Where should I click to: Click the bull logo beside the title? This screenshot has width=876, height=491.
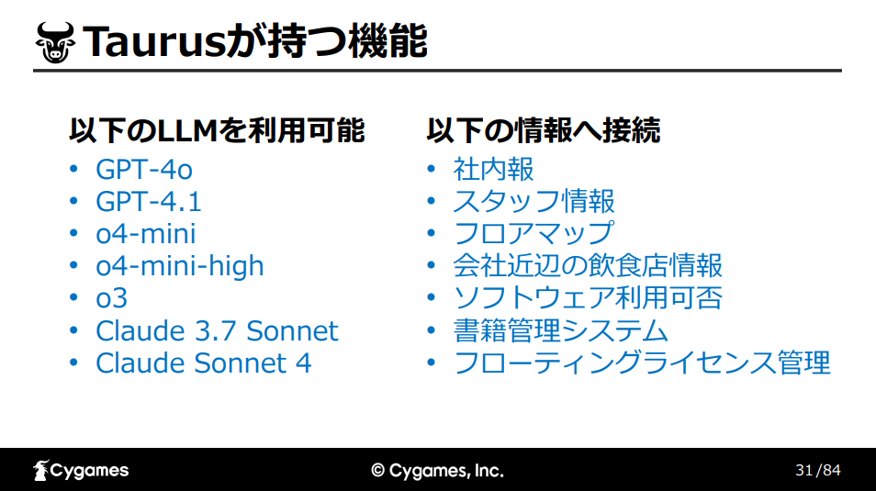pos(55,42)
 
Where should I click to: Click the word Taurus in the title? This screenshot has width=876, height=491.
pos(154,42)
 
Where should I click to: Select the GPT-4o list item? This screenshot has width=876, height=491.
pos(144,169)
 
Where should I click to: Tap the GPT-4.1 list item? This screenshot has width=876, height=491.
pos(148,202)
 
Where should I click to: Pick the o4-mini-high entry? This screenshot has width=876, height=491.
pos(179,266)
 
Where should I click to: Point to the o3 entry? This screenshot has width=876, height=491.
pos(112,298)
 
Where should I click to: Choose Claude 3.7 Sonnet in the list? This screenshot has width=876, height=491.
pos(217,330)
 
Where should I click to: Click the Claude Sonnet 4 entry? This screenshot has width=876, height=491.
pos(203,363)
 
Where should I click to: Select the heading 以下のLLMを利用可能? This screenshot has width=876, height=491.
pos(217,130)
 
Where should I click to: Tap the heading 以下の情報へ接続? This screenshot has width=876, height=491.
pos(543,130)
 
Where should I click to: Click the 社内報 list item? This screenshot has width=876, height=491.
pos(493,169)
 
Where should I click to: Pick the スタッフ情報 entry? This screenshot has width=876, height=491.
pos(533,202)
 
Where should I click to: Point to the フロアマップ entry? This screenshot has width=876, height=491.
pos(533,233)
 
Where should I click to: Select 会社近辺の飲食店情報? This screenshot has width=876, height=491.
pos(588,266)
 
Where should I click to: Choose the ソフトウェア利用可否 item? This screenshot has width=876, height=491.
pos(588,298)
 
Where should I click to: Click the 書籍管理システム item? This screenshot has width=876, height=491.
pos(560,330)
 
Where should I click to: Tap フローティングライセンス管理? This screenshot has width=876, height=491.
pos(642,363)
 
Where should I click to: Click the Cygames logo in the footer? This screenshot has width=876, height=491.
pos(81,470)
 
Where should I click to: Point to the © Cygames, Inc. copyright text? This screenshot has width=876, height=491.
pos(437,471)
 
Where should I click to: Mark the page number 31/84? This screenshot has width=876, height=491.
pos(818,470)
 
